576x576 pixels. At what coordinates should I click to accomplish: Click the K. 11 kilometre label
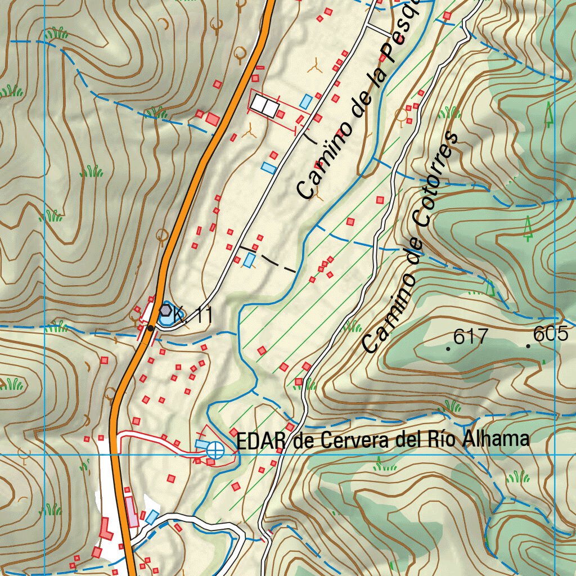(x=193, y=316)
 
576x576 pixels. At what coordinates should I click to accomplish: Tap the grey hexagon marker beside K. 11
(x=165, y=309)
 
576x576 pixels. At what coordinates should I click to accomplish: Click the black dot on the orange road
(x=150, y=328)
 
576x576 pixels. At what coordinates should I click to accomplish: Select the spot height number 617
(x=470, y=337)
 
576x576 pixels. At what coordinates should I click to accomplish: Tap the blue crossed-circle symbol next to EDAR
(x=214, y=449)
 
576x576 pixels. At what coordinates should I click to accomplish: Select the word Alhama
(x=496, y=439)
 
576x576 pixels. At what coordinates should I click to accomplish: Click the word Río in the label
(x=442, y=439)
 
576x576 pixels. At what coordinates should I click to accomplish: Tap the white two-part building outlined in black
(x=264, y=105)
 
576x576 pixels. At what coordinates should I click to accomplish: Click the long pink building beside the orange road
(x=132, y=512)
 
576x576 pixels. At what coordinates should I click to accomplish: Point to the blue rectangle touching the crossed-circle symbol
(x=201, y=445)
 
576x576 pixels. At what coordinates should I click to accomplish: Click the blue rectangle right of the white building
(x=305, y=102)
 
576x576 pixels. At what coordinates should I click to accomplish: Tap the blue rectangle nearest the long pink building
(x=151, y=516)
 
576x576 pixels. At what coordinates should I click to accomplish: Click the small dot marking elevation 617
(x=448, y=349)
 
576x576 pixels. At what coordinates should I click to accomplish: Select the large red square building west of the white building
(x=213, y=119)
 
